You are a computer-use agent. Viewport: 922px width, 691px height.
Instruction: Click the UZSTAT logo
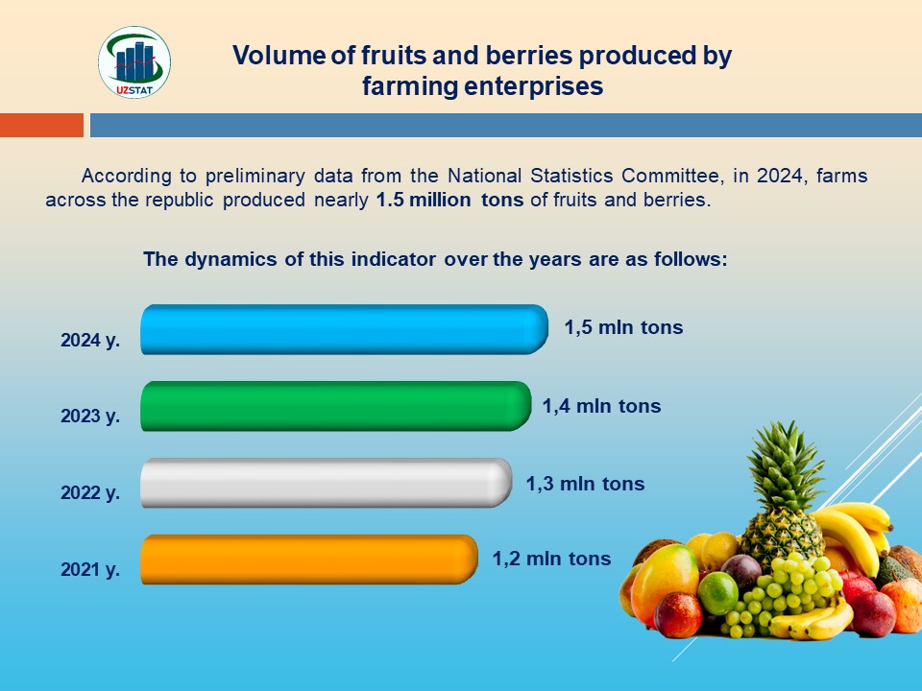134,62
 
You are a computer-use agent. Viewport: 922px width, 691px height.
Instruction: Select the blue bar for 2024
344,329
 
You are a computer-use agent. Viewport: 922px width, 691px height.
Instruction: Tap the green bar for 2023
336,406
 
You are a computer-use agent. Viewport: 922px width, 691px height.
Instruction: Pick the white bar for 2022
326,483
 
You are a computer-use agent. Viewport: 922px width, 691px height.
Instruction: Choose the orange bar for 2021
308,560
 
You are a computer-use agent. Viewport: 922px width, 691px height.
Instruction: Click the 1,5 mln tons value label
624,327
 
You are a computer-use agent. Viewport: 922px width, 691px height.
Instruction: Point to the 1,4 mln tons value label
601,406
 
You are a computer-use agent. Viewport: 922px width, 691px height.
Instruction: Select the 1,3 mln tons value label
585,484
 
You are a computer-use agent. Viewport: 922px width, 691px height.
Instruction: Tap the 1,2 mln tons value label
551,559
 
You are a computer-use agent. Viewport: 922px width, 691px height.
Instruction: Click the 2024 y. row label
90,340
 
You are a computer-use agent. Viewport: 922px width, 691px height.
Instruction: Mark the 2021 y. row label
90,569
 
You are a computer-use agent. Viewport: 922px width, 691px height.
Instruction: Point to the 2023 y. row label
90,416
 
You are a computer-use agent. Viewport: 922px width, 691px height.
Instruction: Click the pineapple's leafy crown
785,465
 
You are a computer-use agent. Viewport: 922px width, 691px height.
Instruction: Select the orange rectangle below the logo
41,125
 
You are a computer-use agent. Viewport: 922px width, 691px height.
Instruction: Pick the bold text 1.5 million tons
449,200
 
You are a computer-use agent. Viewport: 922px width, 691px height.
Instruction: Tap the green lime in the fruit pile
718,592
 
